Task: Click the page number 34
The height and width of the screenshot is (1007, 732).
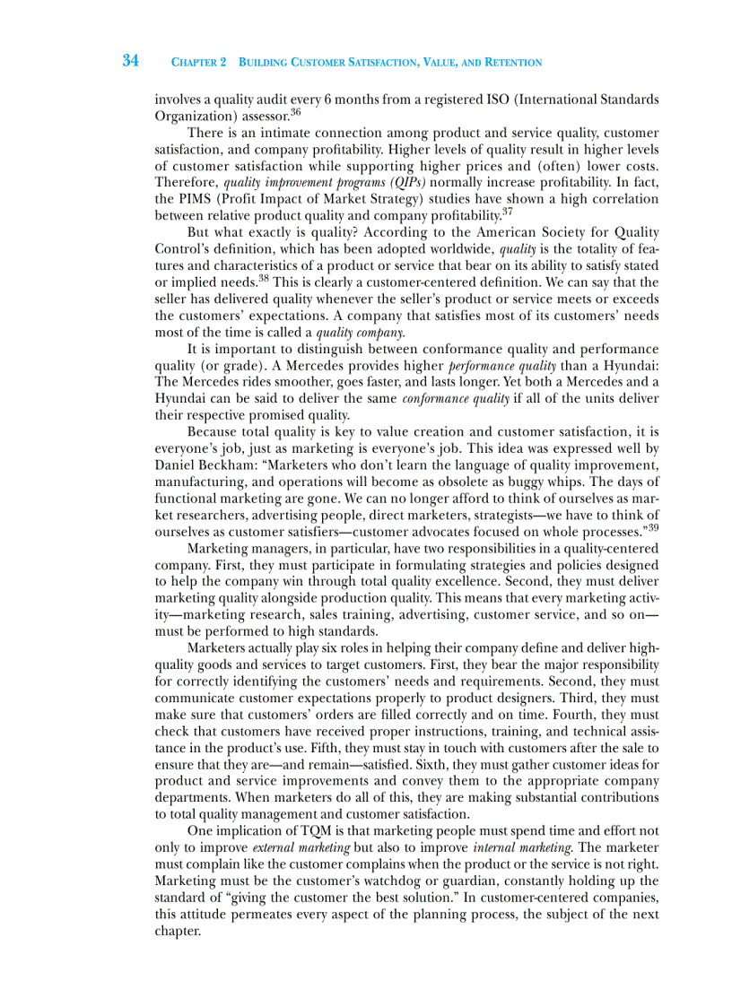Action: click(131, 61)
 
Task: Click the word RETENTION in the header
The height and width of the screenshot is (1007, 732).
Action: click(514, 63)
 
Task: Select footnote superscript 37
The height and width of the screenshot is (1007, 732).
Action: click(507, 212)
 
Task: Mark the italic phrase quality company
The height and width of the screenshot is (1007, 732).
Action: click(353, 332)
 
